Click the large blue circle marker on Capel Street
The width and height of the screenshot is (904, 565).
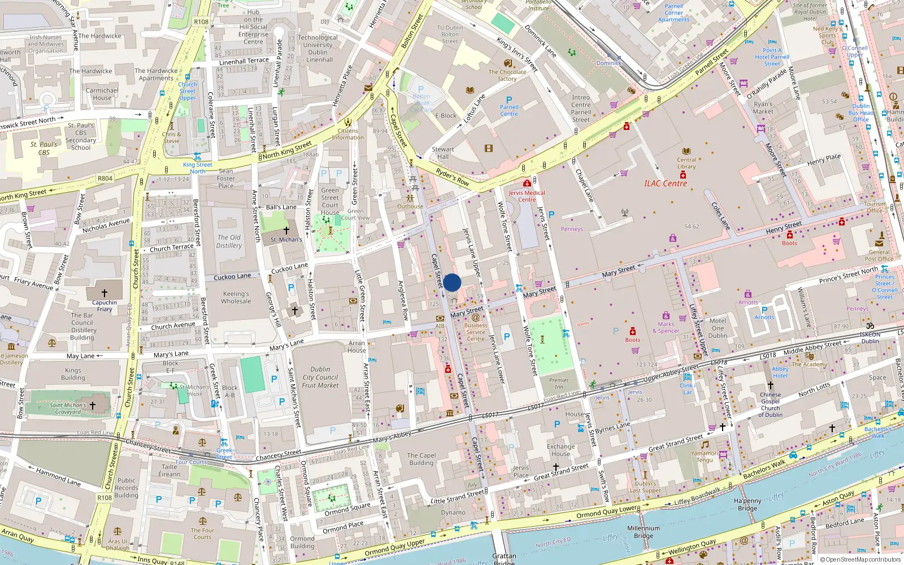pyautogui.click(x=452, y=282)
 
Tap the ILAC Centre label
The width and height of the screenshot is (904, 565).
pyautogui.click(x=666, y=184)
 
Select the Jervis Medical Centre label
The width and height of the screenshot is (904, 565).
pyautogui.click(x=527, y=196)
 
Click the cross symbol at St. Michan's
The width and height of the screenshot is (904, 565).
pyautogui.click(x=286, y=231)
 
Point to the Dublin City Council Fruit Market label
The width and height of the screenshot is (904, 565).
pyautogui.click(x=320, y=377)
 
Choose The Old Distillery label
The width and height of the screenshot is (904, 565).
pyautogui.click(x=229, y=241)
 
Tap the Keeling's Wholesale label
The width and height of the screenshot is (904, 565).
pyautogui.click(x=236, y=297)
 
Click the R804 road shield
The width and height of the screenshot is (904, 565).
pyautogui.click(x=105, y=178)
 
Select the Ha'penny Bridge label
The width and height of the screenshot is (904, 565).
pyautogui.click(x=747, y=505)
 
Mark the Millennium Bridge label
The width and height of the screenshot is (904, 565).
pyautogui.click(x=644, y=532)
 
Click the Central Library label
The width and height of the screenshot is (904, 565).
pyautogui.click(x=686, y=163)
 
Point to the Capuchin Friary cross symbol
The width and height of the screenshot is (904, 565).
pyautogui.click(x=105, y=293)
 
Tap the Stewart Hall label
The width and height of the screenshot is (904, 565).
pyautogui.click(x=443, y=153)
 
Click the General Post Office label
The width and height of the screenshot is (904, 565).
pyautogui.click(x=879, y=255)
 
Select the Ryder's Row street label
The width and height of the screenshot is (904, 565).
pyautogui.click(x=453, y=177)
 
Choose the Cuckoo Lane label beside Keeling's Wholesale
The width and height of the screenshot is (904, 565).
pyautogui.click(x=232, y=277)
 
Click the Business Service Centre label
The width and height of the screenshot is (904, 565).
pyautogui.click(x=476, y=332)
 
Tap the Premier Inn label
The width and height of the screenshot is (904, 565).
pyautogui.click(x=559, y=383)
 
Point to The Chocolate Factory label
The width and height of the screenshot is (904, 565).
pyautogui.click(x=507, y=75)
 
